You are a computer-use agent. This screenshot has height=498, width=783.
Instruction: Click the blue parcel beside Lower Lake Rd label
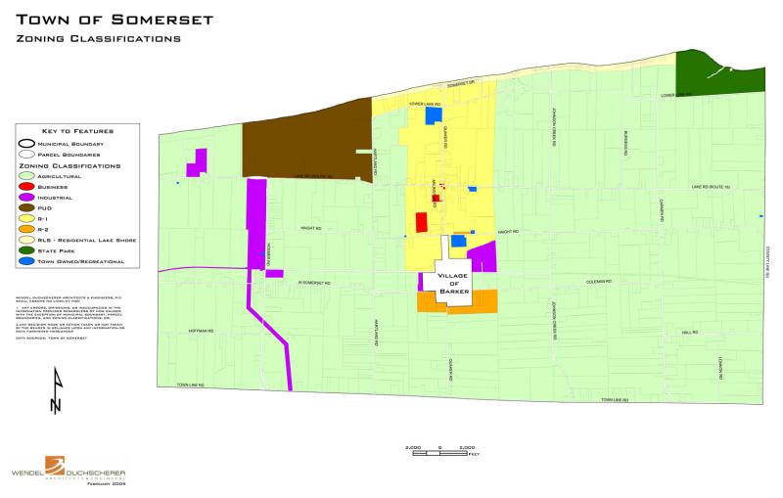[x=432, y=115]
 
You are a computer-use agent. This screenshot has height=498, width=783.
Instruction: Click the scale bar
[x=439, y=448]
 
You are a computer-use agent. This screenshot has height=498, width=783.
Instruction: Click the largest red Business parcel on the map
[x=422, y=222]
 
